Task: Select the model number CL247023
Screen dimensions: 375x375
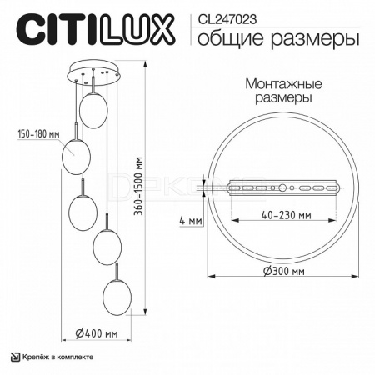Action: tap(227, 20)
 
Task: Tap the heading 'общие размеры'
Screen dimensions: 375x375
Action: tap(278, 39)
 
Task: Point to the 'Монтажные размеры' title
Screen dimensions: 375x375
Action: tap(283, 91)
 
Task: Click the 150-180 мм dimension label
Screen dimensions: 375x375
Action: tap(38, 134)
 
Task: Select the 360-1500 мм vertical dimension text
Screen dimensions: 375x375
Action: tap(138, 186)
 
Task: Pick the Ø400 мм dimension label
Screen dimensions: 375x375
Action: tap(97, 333)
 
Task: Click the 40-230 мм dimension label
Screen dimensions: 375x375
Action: tap(287, 215)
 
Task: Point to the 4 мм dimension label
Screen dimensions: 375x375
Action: tap(191, 221)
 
